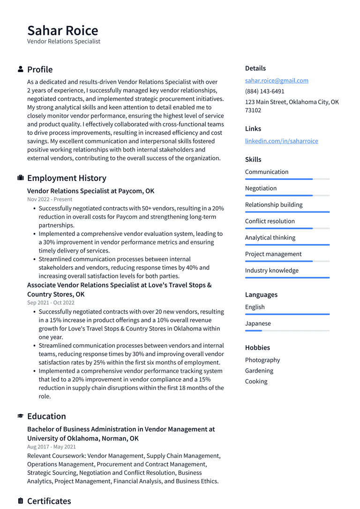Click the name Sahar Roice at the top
coord(63,30)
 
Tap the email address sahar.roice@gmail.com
coord(277,81)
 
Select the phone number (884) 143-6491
coord(264,91)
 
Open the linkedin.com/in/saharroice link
coord(281,141)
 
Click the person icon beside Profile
coord(21,69)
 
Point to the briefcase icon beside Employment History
coord(21,178)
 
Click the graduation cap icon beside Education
coord(21,416)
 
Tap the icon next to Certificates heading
coord(21,501)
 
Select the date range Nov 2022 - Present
coord(50,199)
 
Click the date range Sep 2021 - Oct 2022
coord(51,303)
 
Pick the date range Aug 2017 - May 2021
coord(51,447)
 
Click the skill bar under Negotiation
coord(287,195)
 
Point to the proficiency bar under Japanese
coord(287,330)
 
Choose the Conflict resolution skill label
coord(270,221)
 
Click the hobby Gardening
coord(259,371)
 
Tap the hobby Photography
coord(262,360)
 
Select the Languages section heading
coord(261,295)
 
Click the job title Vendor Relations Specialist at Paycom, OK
coord(90,191)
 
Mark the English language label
coord(255,307)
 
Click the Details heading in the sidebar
coord(255,68)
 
